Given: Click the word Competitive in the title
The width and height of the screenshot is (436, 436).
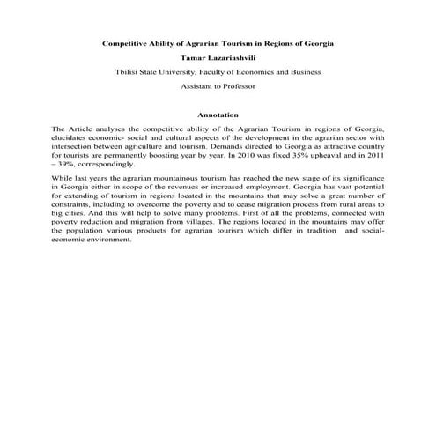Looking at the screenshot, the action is [128, 43].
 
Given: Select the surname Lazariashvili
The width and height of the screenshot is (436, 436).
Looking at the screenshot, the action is [228, 57].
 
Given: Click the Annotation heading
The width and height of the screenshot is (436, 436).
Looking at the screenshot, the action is [218, 115].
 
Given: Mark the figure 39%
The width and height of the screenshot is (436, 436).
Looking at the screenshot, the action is [71, 166].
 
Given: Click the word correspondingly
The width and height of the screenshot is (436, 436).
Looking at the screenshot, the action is [113, 166].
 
